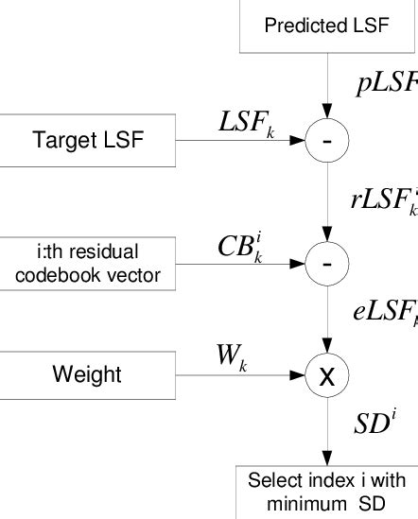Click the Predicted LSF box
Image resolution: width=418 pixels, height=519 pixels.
coord(326,26)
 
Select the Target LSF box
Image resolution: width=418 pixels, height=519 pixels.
coord(88,141)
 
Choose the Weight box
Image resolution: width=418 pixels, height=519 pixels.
coord(88,374)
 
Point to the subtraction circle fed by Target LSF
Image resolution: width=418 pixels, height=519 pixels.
coord(327,141)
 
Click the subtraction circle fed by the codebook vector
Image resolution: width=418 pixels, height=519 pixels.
coord(327,263)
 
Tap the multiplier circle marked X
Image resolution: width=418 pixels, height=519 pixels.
coord(327,375)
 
